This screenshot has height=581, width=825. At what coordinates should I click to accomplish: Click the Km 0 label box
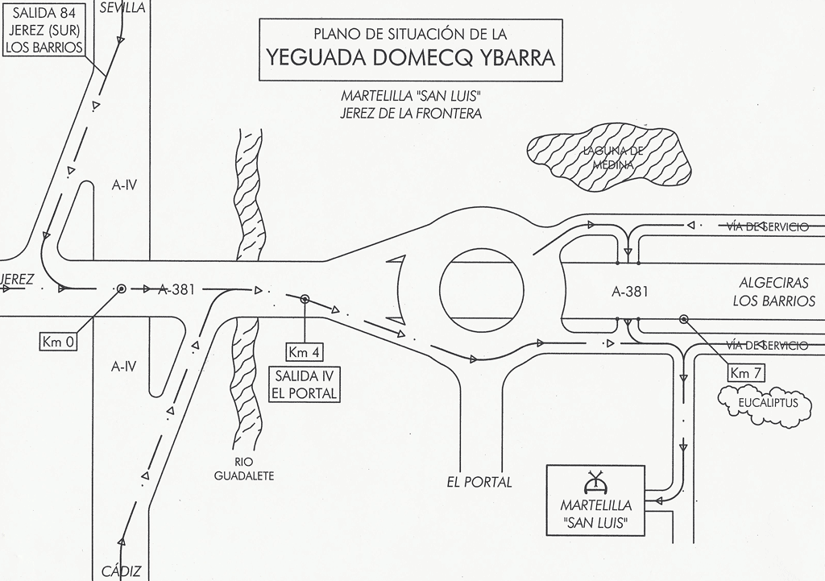(x=59, y=342)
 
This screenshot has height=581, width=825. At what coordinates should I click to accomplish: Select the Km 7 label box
(x=746, y=372)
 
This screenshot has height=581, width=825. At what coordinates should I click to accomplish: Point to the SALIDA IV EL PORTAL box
(x=305, y=385)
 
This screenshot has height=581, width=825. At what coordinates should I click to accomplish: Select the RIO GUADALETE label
(x=244, y=469)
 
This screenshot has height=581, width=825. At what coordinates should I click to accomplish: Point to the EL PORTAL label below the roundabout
(x=479, y=482)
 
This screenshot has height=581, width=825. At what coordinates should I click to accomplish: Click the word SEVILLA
(x=122, y=7)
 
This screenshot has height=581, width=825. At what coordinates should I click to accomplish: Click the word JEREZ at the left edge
(x=18, y=280)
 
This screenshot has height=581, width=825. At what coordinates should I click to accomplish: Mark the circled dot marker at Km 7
(x=683, y=319)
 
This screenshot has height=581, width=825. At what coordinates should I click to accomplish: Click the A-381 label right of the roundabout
(x=630, y=293)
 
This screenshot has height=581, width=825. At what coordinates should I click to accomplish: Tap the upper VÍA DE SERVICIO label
(x=767, y=227)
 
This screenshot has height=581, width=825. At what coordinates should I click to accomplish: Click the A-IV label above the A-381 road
(x=124, y=185)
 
